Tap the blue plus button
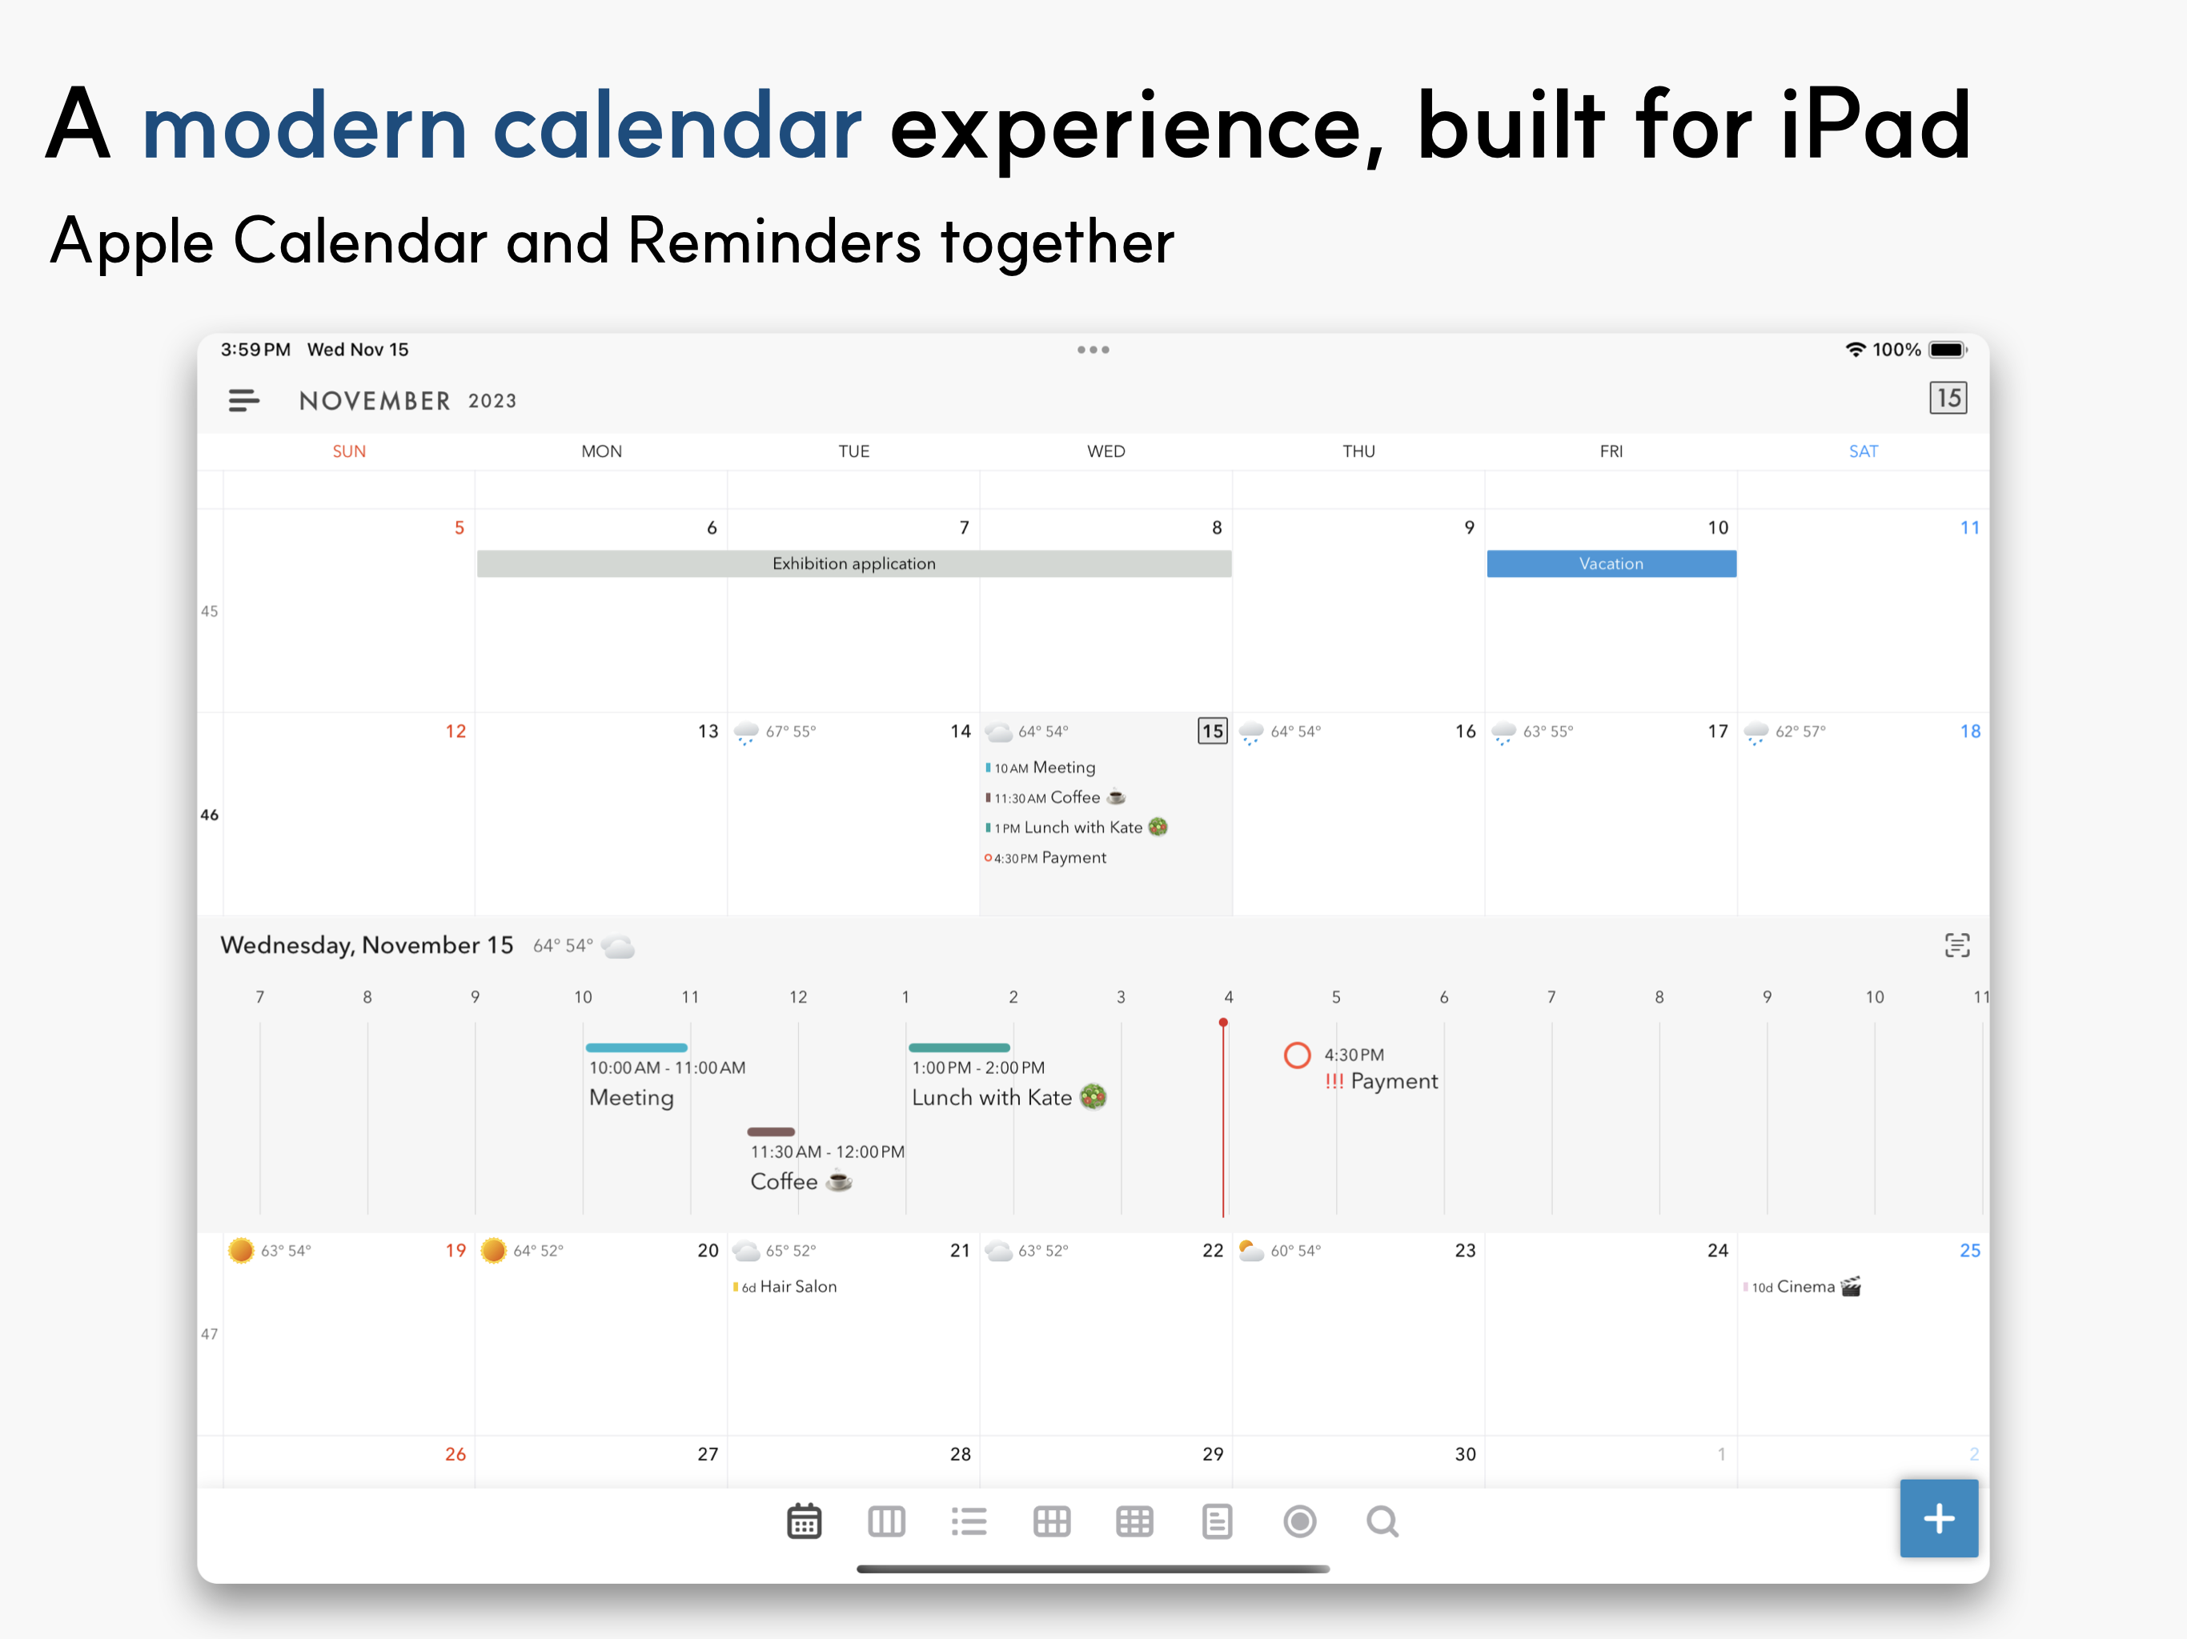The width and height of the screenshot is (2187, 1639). [1938, 1517]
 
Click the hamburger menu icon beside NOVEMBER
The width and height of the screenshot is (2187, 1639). [243, 400]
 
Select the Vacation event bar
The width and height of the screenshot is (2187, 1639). [1611, 563]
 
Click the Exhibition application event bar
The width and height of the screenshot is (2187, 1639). [854, 563]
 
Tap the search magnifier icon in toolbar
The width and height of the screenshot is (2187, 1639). [1382, 1521]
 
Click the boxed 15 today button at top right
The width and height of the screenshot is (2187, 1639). [1948, 399]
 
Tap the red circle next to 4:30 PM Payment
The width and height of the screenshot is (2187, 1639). [1297, 1056]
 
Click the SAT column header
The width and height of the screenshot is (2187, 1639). [1863, 451]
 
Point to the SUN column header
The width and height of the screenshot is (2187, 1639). [349, 451]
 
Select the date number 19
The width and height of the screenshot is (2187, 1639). [455, 1251]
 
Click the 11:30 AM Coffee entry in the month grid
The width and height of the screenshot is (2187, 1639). [1056, 798]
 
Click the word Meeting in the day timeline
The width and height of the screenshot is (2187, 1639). [631, 1098]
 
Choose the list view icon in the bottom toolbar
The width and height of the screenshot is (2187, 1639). [969, 1521]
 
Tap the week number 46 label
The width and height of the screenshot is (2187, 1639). [210, 815]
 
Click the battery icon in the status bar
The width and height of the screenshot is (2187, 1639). [1948, 350]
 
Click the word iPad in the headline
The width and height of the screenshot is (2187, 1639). [1876, 126]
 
